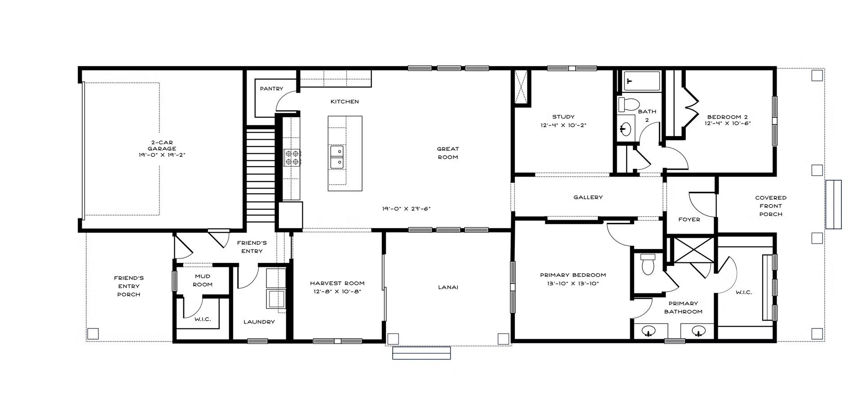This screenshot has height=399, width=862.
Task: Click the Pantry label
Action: click(x=271, y=89)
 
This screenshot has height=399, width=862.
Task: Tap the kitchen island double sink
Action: click(x=337, y=157)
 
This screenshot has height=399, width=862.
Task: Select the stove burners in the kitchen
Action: click(x=292, y=157)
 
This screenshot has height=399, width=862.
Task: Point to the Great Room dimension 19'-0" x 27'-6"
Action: click(x=407, y=208)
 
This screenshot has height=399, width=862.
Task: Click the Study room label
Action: click(x=563, y=117)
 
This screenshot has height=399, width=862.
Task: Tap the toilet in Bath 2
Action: click(x=628, y=105)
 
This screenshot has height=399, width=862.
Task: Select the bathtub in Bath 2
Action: click(x=641, y=81)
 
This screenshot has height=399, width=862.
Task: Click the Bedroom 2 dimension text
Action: click(x=728, y=123)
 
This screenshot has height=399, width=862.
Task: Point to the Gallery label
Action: click(x=588, y=197)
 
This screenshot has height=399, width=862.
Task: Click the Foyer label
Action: click(x=689, y=219)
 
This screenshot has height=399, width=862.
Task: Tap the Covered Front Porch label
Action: click(x=771, y=206)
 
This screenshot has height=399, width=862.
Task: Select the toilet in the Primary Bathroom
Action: click(x=648, y=265)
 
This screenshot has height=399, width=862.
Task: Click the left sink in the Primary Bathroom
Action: click(x=648, y=332)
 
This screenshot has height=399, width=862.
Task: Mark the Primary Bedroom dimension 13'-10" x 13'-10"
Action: click(x=573, y=283)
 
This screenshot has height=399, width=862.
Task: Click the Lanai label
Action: click(x=448, y=287)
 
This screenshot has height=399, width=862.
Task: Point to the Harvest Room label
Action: click(x=337, y=283)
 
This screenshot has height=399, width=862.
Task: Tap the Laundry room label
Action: click(x=259, y=322)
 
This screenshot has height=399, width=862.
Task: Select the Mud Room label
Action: click(x=203, y=280)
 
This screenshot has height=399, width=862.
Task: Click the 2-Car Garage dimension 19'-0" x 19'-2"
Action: click(x=162, y=155)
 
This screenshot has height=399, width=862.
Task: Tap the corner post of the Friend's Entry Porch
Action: click(x=93, y=334)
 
